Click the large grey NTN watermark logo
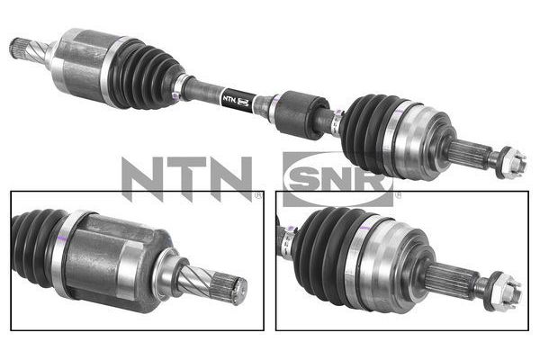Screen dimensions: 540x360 [x=186, y=178]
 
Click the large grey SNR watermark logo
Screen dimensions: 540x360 [x=338, y=179]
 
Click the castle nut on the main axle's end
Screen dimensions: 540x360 [x=512, y=163]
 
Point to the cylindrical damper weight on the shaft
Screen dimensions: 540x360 [x=299, y=114]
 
